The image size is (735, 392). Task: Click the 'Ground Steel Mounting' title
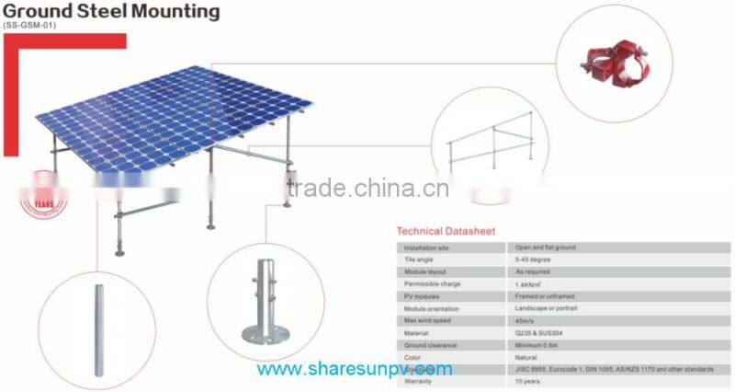[x=111, y=12]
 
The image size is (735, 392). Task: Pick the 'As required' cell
[x=534, y=272]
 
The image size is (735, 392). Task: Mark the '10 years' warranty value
[x=528, y=380]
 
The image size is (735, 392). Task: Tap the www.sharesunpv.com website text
[x=354, y=370]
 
